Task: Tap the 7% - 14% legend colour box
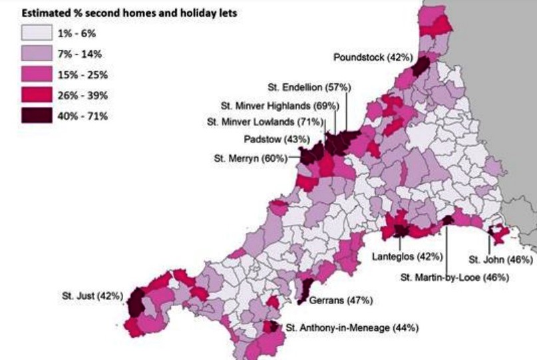38,53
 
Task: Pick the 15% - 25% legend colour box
38,74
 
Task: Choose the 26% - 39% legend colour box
38,94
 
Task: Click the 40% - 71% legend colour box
38,115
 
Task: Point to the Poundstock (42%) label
368,58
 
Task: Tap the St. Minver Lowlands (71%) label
264,122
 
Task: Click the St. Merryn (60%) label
250,158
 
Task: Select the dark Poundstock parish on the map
420,66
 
